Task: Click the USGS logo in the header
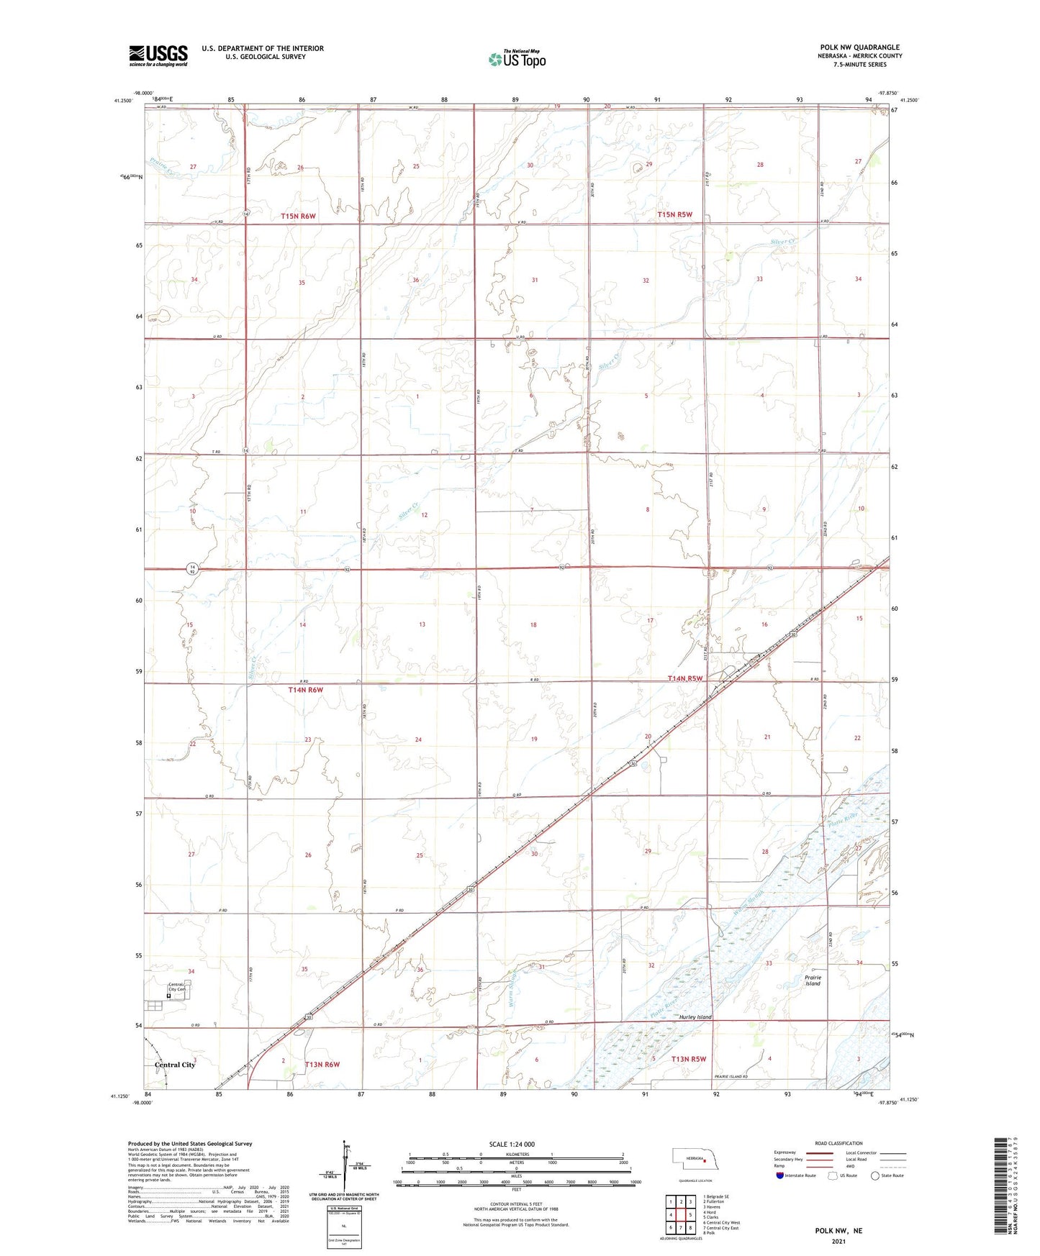coord(158,55)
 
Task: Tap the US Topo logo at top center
coord(517,59)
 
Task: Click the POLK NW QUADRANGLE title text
coord(859,47)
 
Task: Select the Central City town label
coord(175,1065)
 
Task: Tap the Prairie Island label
coord(813,980)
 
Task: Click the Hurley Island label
coord(695,1017)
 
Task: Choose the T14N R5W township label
coord(684,678)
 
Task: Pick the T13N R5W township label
coord(689,1059)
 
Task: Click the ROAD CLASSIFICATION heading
coord(838,1143)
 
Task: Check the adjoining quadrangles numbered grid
coord(680,1217)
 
